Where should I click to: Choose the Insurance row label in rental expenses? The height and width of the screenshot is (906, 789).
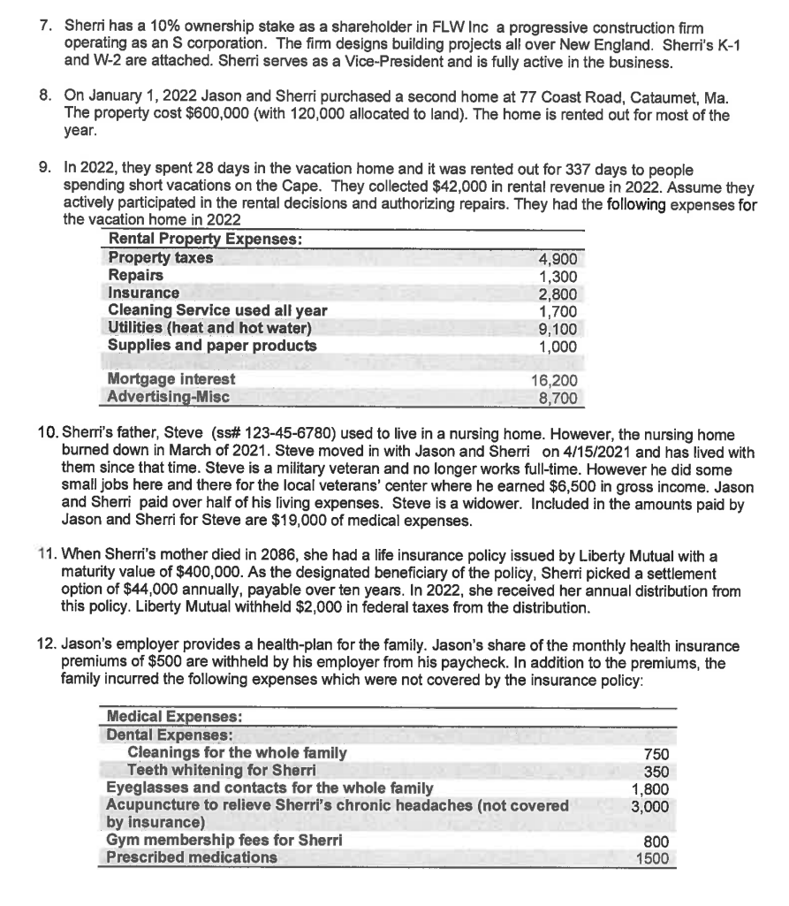pyautogui.click(x=144, y=293)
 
